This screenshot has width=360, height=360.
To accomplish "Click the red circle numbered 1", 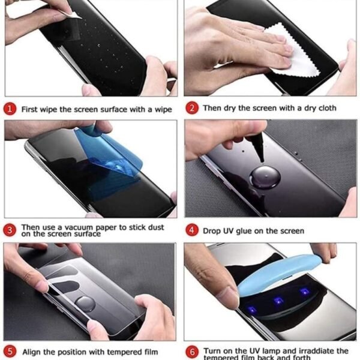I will pos(10,109).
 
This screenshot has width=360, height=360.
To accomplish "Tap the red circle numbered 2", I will pos(192,108).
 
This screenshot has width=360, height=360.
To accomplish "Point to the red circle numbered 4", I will pos(192,230).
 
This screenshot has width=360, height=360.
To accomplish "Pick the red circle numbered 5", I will pos(10,352).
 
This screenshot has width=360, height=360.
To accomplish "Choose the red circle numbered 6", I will pos(192,352).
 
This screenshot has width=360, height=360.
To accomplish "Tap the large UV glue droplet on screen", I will pos(263,178).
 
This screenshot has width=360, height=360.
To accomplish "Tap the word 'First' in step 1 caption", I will pos(31,110).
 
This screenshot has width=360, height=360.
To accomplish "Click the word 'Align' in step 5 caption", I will pos(32,352).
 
